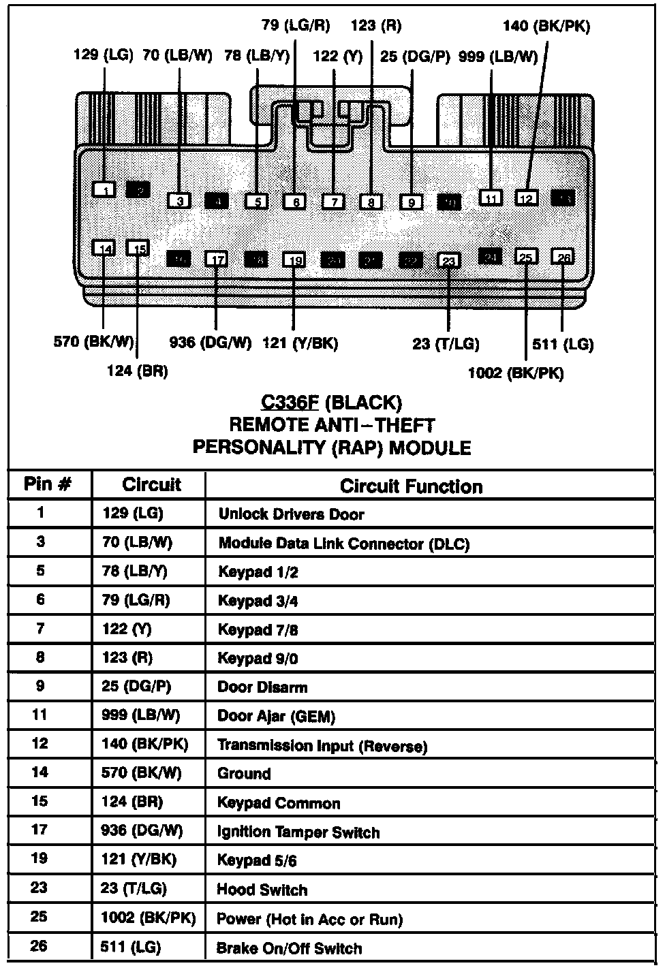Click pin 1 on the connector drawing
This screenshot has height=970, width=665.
click(104, 190)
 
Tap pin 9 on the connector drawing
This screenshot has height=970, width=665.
click(412, 202)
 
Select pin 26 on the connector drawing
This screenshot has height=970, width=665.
click(563, 257)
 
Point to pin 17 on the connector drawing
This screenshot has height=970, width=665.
click(217, 260)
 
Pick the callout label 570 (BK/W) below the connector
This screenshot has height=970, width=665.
click(94, 341)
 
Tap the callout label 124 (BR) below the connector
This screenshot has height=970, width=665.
click(137, 371)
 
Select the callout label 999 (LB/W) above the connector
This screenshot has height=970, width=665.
click(498, 57)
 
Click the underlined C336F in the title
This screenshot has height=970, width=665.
click(290, 403)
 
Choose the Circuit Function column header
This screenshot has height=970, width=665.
click(411, 486)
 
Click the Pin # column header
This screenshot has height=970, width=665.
click(48, 484)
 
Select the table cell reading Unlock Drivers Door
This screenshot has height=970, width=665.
click(291, 514)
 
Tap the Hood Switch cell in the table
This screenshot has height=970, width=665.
click(262, 890)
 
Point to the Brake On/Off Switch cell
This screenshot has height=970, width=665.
click(289, 948)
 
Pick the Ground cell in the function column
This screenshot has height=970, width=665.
click(244, 774)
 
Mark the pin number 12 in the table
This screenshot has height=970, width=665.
click(40, 743)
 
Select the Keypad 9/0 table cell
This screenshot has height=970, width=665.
click(258, 659)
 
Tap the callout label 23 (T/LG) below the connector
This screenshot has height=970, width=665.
click(446, 345)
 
